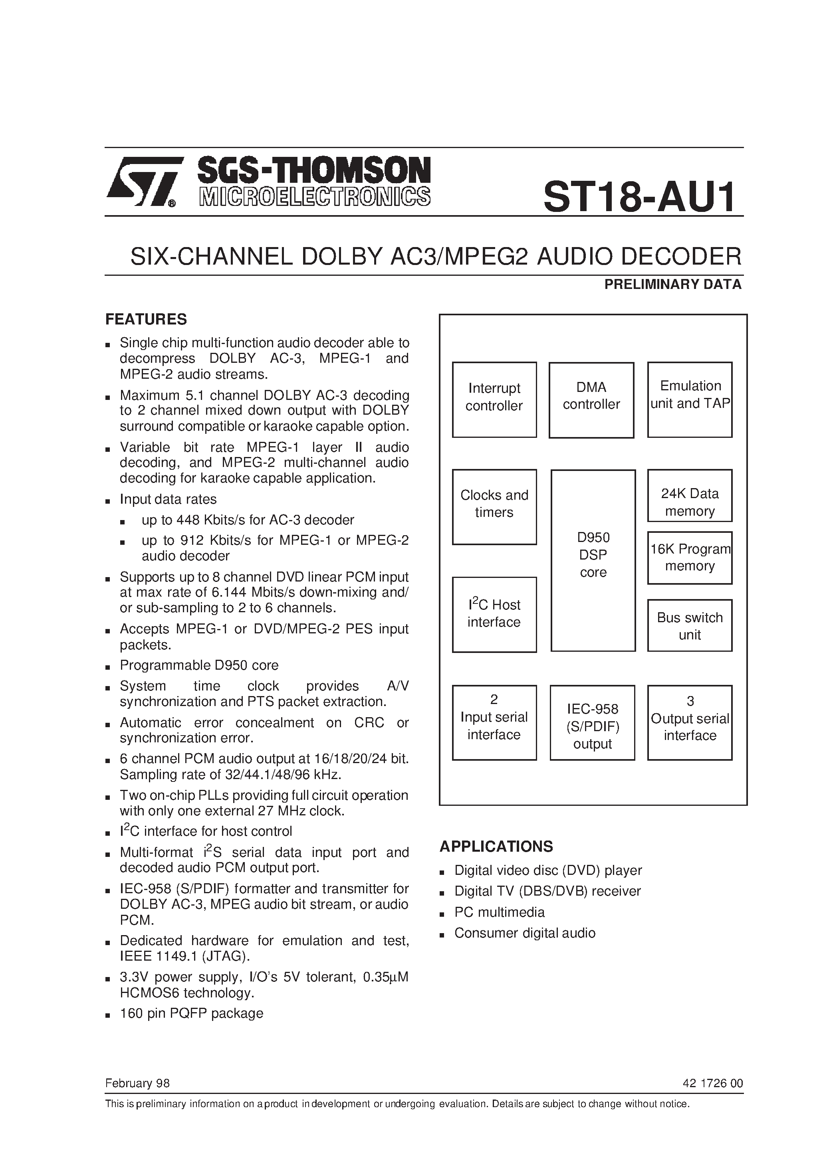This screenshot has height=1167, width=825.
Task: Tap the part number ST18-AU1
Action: [x=639, y=197]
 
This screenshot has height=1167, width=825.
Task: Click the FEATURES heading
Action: [x=146, y=319]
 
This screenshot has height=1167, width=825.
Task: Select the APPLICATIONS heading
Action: [x=496, y=846]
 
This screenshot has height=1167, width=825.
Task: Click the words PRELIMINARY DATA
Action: [x=672, y=285]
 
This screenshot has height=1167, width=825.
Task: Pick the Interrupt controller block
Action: [x=494, y=400]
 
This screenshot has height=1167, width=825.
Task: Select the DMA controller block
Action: [x=591, y=400]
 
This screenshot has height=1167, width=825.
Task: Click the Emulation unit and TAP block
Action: [x=690, y=400]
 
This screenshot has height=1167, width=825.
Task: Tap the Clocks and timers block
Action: [x=494, y=507]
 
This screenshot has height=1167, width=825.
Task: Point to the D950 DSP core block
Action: [x=593, y=560]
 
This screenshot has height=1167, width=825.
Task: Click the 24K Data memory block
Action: [x=690, y=496]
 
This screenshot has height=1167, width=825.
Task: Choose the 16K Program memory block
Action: [x=690, y=558]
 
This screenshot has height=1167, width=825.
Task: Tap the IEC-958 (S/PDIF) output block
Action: [x=592, y=726]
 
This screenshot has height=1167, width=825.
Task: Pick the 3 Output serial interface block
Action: [x=690, y=722]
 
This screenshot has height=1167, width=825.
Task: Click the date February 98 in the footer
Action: [x=137, y=1083]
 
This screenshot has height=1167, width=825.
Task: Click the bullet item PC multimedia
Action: [x=499, y=912]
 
